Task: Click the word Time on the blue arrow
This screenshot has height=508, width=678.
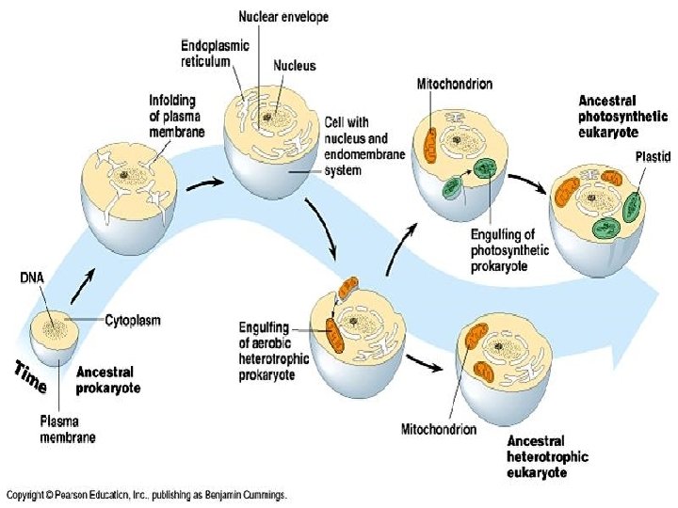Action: click(x=31, y=376)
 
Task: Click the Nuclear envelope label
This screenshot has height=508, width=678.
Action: click(x=283, y=16)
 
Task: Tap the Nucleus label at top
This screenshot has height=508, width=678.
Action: click(x=294, y=67)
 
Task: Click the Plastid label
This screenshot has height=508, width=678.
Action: click(x=652, y=156)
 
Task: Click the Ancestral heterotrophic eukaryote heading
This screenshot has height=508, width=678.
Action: click(x=547, y=457)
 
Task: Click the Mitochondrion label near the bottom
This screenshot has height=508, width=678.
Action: click(x=438, y=430)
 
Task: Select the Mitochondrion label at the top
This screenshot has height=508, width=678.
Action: click(x=454, y=84)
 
